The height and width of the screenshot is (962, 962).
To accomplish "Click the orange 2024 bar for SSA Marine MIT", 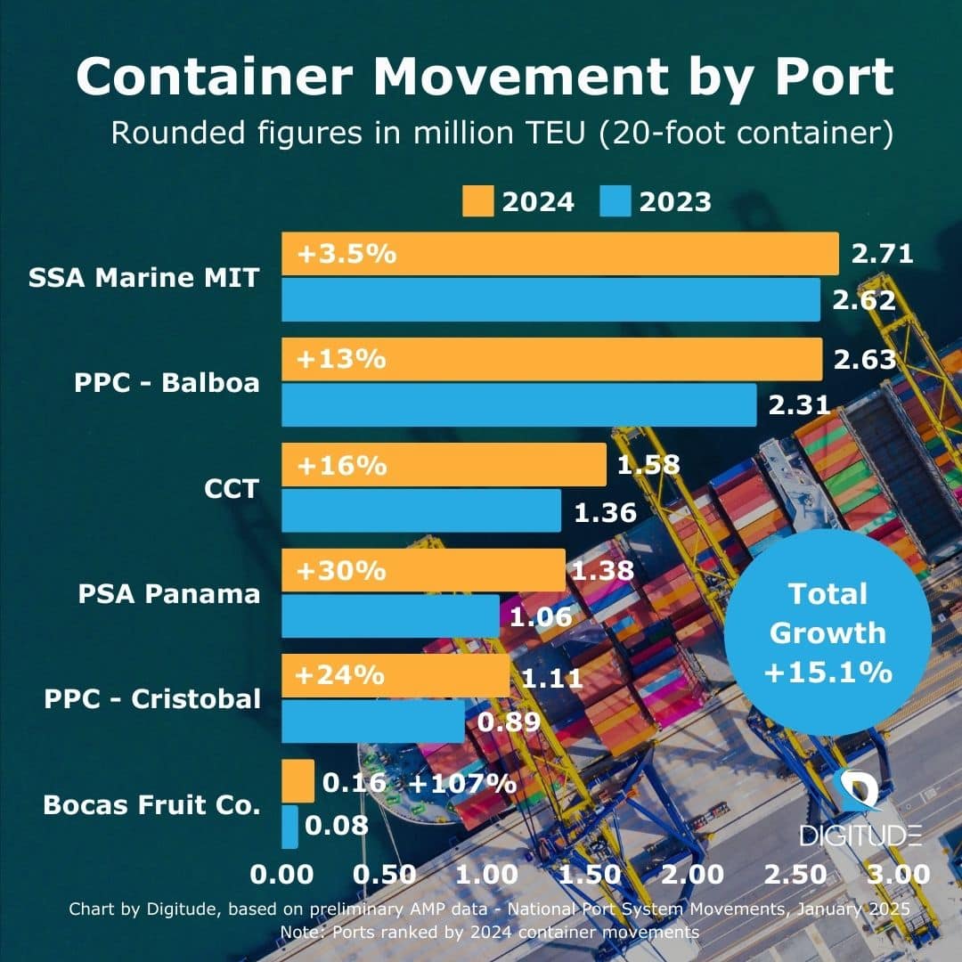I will tap(559, 254).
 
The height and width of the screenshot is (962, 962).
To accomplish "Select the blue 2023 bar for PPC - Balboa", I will tap(519, 405).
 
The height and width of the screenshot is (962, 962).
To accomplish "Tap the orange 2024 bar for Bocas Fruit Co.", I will tap(298, 781).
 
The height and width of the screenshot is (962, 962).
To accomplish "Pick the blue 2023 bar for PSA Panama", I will tap(391, 616).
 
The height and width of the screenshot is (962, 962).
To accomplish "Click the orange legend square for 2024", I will tap(478, 201).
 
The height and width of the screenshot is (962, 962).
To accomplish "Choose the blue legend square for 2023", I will tap(616, 201).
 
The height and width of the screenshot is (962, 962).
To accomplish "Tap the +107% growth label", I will tap(462, 783).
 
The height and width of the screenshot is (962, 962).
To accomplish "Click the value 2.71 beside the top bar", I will tap(882, 254).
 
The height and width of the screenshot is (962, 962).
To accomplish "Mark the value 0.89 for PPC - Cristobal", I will tap(509, 722).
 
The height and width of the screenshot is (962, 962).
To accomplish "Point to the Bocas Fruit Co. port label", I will tap(151, 805).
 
